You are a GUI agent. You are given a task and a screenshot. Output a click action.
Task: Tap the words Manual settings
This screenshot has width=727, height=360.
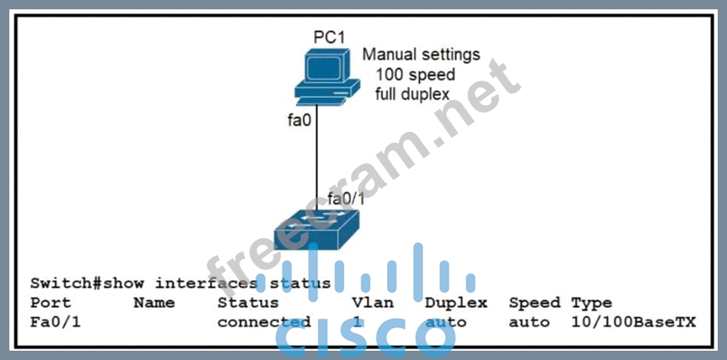pos(421,55)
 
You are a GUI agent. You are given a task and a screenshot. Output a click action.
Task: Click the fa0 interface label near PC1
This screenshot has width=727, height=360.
pos(300,119)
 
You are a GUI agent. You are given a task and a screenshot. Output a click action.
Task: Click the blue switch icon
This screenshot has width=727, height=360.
pos(316,228)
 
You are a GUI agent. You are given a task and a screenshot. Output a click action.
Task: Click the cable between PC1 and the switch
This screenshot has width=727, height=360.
pos(317,160)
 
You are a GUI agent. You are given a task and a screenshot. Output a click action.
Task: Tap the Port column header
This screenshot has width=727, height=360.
pos(50,302)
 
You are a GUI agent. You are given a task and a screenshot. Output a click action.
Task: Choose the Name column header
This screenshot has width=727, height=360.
pos(154,302)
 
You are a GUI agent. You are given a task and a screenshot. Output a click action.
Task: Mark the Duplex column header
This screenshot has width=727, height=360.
pos(456,302)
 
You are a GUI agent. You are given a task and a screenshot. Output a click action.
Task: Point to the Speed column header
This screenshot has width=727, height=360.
pos(534,302)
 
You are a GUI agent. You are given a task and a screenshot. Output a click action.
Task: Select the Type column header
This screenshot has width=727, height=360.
pos(592,302)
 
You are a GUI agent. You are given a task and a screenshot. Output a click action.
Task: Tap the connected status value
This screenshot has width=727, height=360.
pos(263,321)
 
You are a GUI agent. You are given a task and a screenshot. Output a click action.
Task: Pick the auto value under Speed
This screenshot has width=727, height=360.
pos(529,321)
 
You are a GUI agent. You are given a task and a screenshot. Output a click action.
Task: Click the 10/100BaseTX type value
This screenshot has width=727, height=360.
pos(634,321)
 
